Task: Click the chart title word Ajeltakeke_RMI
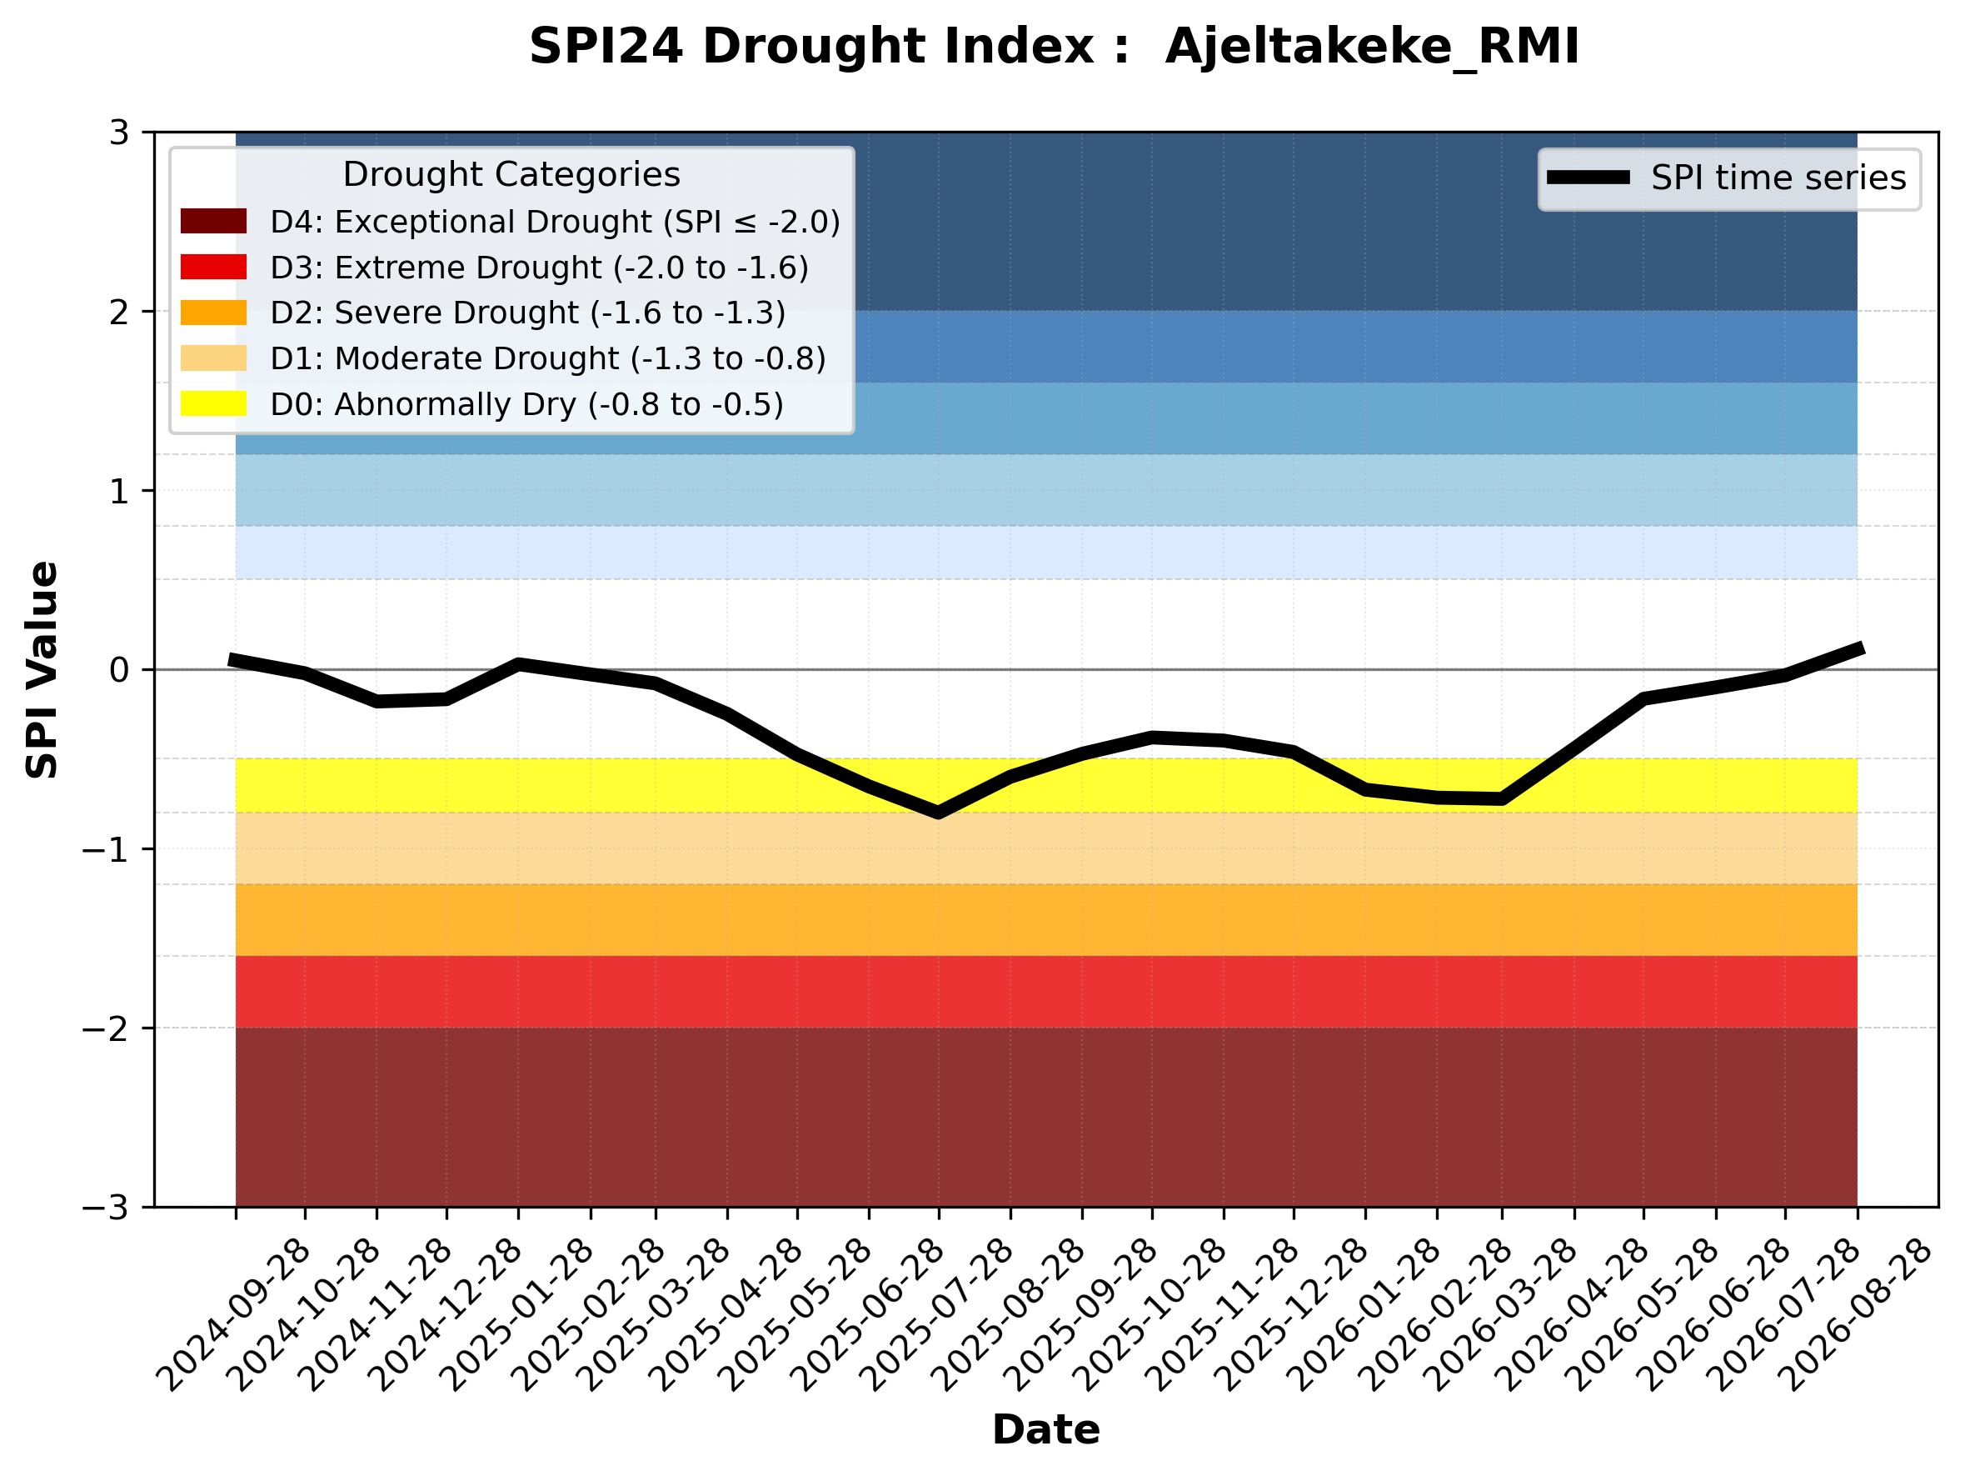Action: coord(1373,48)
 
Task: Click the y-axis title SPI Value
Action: coord(42,670)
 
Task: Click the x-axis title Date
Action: coord(1045,1430)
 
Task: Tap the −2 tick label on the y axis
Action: coord(106,1028)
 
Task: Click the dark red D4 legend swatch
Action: coord(213,221)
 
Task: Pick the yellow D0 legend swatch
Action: coord(213,403)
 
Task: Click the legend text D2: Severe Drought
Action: coord(425,313)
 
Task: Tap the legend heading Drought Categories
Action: coord(511,175)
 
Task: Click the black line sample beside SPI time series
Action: coord(1588,178)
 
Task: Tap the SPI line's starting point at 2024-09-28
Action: coord(231,659)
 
